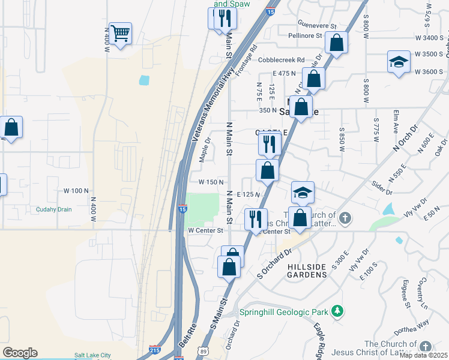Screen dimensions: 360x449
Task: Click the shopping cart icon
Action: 120,34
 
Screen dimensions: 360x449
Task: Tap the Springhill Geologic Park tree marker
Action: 338,311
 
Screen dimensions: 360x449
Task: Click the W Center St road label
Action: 205,230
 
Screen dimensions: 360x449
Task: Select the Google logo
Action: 20,353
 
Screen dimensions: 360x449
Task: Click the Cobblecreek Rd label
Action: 282,60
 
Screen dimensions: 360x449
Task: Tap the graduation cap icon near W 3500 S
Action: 398,62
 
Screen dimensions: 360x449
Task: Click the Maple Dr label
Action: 205,150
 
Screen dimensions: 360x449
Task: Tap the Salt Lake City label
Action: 92,355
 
